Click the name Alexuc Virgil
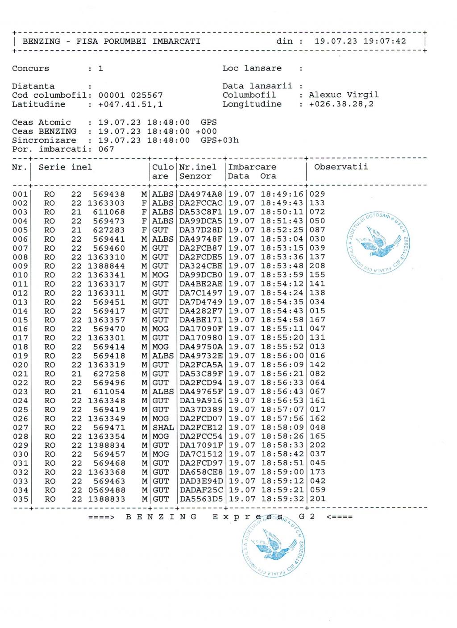(x=344, y=95)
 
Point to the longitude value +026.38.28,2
(x=341, y=104)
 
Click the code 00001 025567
(x=130, y=95)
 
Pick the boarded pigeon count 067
(x=106, y=149)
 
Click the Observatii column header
(x=341, y=167)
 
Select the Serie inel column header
(x=65, y=167)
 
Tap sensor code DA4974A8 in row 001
(x=201, y=194)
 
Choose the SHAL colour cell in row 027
(x=163, y=427)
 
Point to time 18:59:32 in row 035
(x=282, y=499)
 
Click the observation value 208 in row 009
(x=317, y=266)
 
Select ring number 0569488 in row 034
(x=106, y=490)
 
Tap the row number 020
(x=21, y=365)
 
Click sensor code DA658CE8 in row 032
(x=201, y=472)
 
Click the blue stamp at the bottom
(x=274, y=544)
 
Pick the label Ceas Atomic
(x=42, y=122)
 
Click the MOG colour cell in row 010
(x=161, y=275)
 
